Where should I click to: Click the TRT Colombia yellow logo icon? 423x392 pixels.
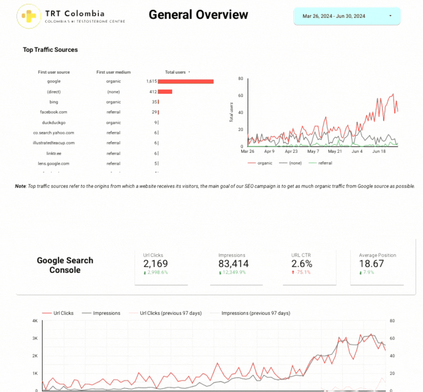click(29, 16)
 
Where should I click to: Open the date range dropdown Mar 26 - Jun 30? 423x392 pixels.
click(347, 16)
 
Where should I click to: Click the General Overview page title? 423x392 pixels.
click(198, 14)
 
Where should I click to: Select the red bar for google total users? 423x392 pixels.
click(186, 81)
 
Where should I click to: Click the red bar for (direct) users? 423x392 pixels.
click(165, 92)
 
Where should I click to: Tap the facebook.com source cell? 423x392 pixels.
click(54, 112)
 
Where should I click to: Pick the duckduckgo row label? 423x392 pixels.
click(54, 123)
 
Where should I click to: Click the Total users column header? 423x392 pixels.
click(175, 72)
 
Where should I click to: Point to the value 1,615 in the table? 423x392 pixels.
click(152, 81)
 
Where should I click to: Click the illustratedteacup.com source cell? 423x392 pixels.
click(54, 143)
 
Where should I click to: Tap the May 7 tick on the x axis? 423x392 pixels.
click(313, 151)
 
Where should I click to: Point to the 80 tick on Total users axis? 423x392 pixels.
click(240, 79)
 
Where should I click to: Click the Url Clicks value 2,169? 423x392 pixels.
click(155, 264)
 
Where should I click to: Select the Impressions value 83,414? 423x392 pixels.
click(233, 264)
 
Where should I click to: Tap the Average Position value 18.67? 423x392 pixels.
click(371, 264)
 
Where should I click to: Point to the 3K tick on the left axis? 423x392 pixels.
click(35, 338)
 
